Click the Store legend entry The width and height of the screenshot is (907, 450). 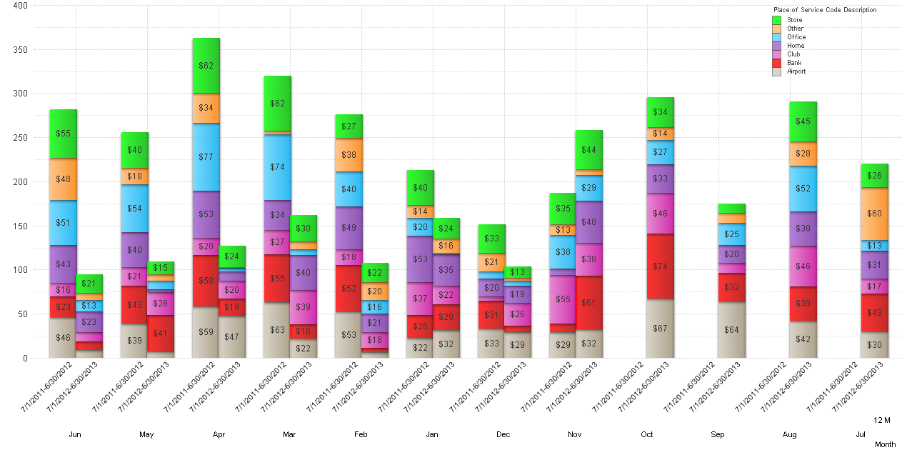(794, 20)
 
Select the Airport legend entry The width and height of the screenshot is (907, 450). (796, 71)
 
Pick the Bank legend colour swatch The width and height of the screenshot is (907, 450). (777, 63)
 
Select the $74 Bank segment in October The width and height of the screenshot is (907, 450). (660, 266)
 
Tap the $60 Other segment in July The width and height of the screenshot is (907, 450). (874, 214)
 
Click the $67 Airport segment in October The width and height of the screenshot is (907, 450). (660, 329)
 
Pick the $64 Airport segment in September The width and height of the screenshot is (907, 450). (731, 330)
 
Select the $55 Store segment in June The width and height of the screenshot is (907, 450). (63, 134)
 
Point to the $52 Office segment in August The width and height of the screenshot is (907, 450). (803, 189)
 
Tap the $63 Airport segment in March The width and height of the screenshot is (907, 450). (277, 330)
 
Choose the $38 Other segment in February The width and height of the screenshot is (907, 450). (349, 155)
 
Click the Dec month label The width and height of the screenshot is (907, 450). (503, 434)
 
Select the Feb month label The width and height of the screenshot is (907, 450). (361, 434)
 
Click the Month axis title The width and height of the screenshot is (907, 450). (885, 444)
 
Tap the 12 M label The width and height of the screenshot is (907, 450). (882, 420)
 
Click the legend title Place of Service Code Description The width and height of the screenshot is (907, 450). (824, 10)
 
